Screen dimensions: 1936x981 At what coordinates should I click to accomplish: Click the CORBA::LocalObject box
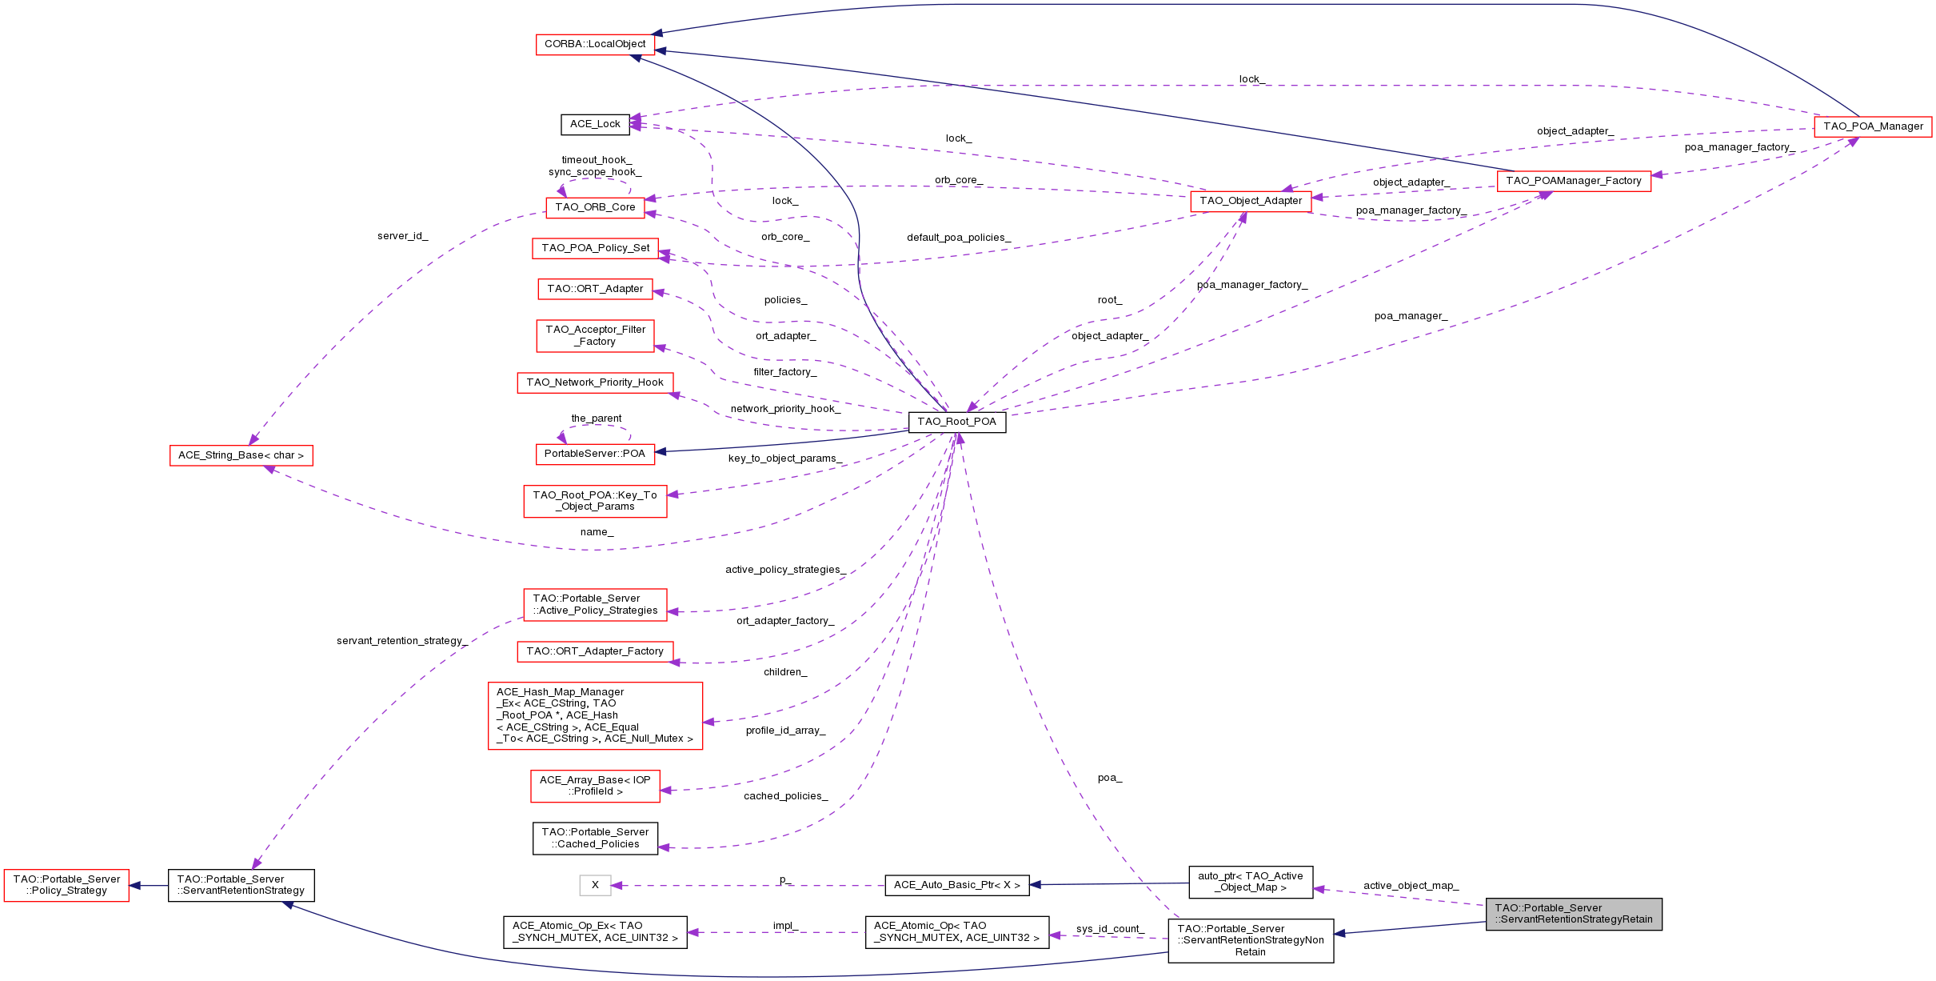595,44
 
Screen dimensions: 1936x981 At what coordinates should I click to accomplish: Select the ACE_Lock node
595,124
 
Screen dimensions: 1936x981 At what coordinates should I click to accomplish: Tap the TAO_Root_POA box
956,422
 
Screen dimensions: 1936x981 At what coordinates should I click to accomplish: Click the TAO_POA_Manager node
1873,126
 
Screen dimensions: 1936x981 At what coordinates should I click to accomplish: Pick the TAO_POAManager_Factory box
1574,181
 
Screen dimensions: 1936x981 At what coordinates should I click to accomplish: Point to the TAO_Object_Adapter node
1251,201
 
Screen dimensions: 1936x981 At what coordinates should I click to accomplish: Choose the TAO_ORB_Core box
595,207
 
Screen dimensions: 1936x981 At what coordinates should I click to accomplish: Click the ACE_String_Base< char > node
241,455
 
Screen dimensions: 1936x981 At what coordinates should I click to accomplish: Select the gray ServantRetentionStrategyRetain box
1574,914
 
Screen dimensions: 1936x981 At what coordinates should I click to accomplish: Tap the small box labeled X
595,885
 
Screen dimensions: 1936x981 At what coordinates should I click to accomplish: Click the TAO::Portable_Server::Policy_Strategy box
66,885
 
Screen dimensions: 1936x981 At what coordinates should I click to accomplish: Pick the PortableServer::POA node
594,454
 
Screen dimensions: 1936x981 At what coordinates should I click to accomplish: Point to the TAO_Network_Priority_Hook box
594,382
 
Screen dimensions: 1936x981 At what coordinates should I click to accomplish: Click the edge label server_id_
402,236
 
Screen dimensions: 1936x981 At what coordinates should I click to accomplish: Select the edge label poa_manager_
1411,316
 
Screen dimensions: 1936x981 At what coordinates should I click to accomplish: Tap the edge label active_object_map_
1411,886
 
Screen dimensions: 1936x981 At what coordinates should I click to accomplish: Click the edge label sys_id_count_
1109,929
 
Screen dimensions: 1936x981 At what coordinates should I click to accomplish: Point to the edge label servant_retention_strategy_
401,641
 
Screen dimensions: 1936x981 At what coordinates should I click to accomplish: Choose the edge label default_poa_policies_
958,238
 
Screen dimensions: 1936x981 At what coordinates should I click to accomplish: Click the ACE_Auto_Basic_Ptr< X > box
956,885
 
